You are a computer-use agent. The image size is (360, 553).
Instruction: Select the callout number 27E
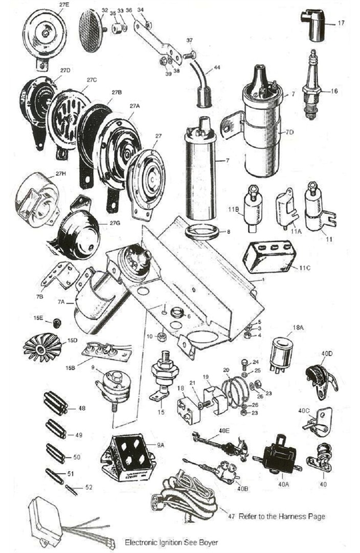coord(64,5)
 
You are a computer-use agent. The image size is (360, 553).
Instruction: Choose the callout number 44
coord(217,68)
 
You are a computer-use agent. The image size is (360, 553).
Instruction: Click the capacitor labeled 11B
coord(252,207)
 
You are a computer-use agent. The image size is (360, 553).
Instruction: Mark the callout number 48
coord(81,408)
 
